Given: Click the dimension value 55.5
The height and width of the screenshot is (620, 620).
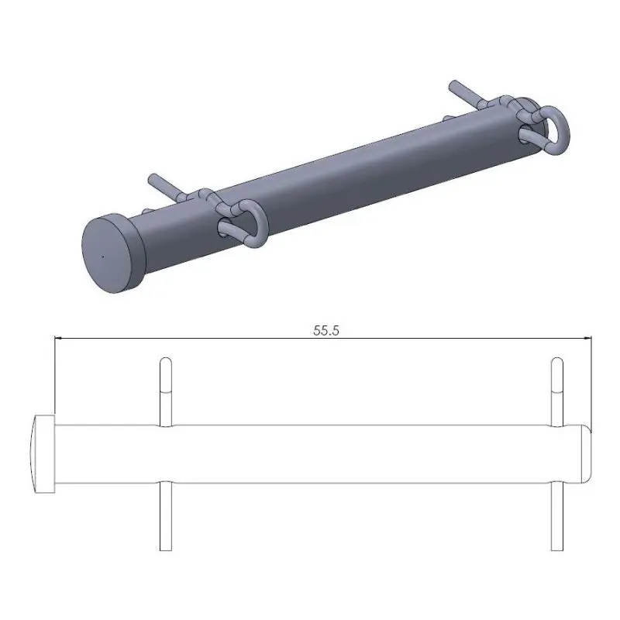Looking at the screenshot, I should click(x=327, y=329).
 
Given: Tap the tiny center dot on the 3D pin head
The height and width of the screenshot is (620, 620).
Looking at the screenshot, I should click(x=102, y=254).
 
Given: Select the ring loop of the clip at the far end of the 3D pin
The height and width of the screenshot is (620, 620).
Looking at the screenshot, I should click(x=551, y=128).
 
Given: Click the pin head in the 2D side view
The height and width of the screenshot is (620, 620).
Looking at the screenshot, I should click(x=43, y=453).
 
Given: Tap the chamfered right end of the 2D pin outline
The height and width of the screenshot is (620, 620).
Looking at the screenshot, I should click(x=587, y=453).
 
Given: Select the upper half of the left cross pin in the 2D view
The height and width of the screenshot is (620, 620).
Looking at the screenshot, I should click(x=164, y=391).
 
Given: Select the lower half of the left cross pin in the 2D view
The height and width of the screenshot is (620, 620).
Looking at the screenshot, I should click(x=164, y=515).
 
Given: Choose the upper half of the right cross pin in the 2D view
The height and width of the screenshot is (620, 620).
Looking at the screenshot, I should click(x=556, y=391).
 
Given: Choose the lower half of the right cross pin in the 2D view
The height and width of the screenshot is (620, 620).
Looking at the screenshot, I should click(x=556, y=515).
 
